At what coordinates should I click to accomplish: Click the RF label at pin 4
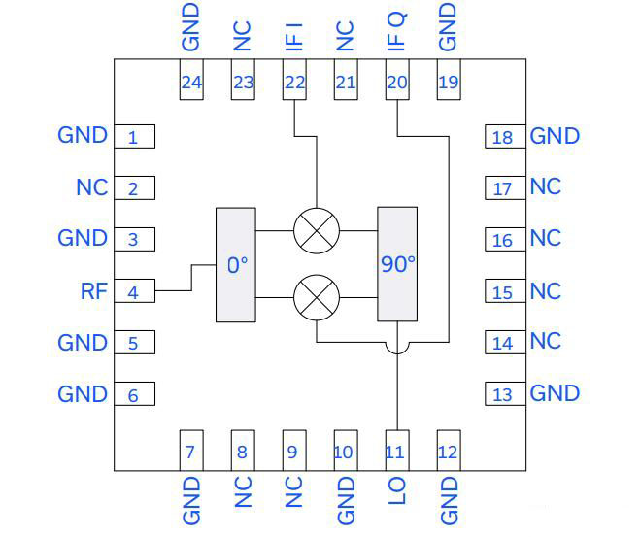point(93,289)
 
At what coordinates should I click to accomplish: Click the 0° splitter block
point(235,264)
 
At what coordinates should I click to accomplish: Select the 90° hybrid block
point(397,264)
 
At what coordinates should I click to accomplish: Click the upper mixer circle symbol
point(317,231)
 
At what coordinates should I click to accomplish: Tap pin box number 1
point(134,136)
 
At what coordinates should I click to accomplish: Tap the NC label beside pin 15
point(546,290)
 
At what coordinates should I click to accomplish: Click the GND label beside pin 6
point(83,393)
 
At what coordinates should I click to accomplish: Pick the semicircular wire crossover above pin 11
point(396,346)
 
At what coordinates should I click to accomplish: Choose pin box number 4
point(134,290)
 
